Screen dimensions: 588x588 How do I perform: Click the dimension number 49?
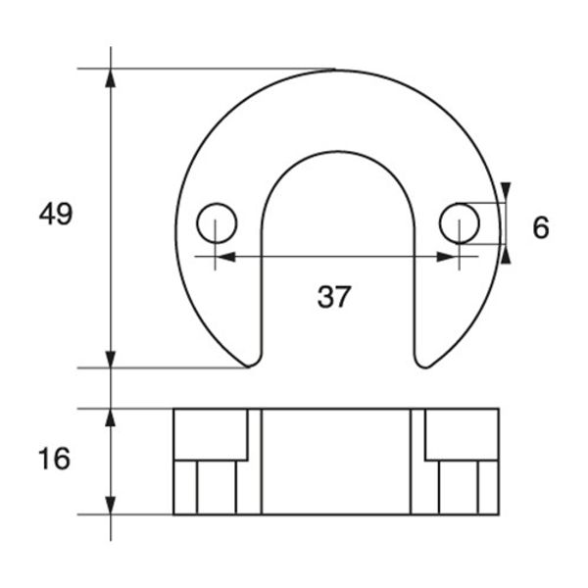click(56, 214)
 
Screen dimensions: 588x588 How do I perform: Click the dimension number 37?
click(333, 296)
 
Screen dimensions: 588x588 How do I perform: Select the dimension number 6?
click(540, 227)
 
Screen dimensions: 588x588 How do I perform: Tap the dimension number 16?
click(55, 458)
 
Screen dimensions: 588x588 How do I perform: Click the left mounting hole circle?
click(217, 223)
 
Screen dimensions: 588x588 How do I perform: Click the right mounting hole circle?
click(459, 223)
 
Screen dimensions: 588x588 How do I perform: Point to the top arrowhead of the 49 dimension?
click(111, 77)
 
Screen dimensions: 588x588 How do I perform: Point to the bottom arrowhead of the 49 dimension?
click(111, 359)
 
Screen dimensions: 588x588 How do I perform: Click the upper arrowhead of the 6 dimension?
click(506, 191)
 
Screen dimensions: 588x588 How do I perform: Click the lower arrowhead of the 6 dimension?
click(506, 255)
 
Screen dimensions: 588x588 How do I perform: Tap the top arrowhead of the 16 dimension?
click(111, 417)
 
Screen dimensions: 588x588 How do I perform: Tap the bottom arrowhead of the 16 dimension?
click(111, 505)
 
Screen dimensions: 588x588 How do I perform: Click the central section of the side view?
click(336, 461)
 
